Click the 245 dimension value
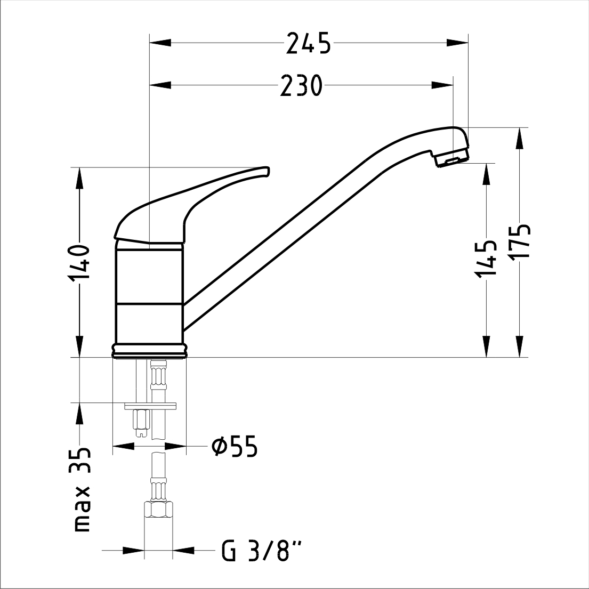tap(309, 43)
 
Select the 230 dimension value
tap(301, 86)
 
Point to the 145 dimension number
tap(487, 259)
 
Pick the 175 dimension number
tap(519, 241)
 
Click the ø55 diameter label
tap(235, 447)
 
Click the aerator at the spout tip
tap(452, 158)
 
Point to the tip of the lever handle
tap(267, 171)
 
